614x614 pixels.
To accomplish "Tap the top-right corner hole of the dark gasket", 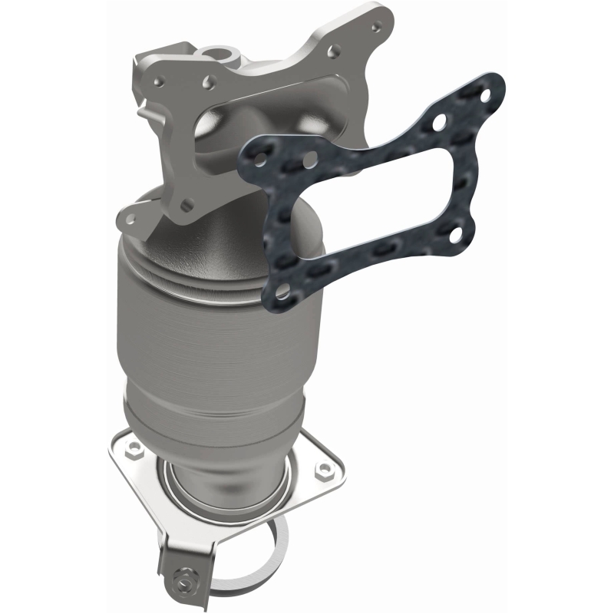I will [443, 121].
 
